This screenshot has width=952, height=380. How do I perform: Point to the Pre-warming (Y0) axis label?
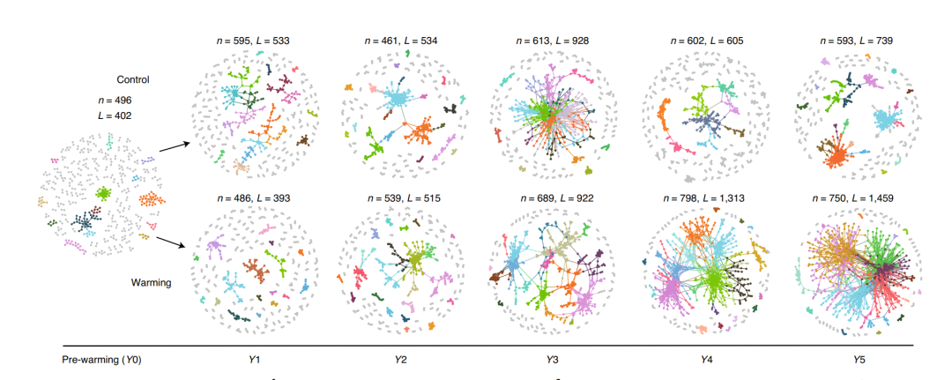(101, 360)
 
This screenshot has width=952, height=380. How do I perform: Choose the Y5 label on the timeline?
(852, 360)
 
